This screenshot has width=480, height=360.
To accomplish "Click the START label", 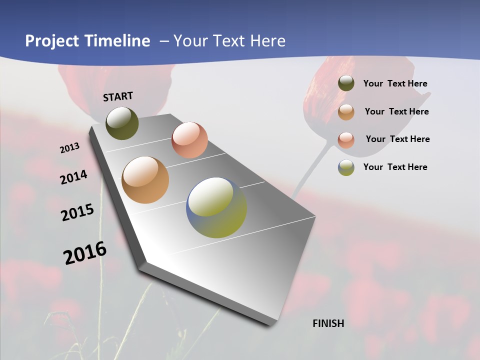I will pyautogui.click(x=118, y=96).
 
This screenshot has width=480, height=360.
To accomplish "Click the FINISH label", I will pyautogui.click(x=328, y=323).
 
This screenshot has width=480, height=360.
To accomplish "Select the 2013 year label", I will pyautogui.click(x=69, y=148).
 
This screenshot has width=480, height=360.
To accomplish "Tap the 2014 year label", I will pyautogui.click(x=73, y=177).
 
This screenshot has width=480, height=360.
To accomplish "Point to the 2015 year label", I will pyautogui.click(x=77, y=212).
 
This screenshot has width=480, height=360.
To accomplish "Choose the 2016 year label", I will pyautogui.click(x=85, y=253).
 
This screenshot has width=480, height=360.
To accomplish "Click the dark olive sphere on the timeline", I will pyautogui.click(x=122, y=123).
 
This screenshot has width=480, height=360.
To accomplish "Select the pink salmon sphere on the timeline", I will pyautogui.click(x=189, y=139).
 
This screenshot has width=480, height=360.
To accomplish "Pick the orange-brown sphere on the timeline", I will pyautogui.click(x=145, y=180).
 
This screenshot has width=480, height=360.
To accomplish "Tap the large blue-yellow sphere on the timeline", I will pyautogui.click(x=216, y=207).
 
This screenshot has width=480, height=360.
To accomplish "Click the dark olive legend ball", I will pyautogui.click(x=346, y=83).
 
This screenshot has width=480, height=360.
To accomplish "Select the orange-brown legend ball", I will pyautogui.click(x=346, y=111).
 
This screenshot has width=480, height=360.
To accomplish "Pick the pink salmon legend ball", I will pyautogui.click(x=346, y=139).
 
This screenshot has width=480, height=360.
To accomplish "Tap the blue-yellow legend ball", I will pyautogui.click(x=346, y=167).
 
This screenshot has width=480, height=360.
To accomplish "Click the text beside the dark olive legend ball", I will pyautogui.click(x=395, y=84).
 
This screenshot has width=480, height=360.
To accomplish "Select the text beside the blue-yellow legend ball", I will pyautogui.click(x=395, y=167).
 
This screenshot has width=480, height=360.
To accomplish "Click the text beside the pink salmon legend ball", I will pyautogui.click(x=397, y=139).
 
